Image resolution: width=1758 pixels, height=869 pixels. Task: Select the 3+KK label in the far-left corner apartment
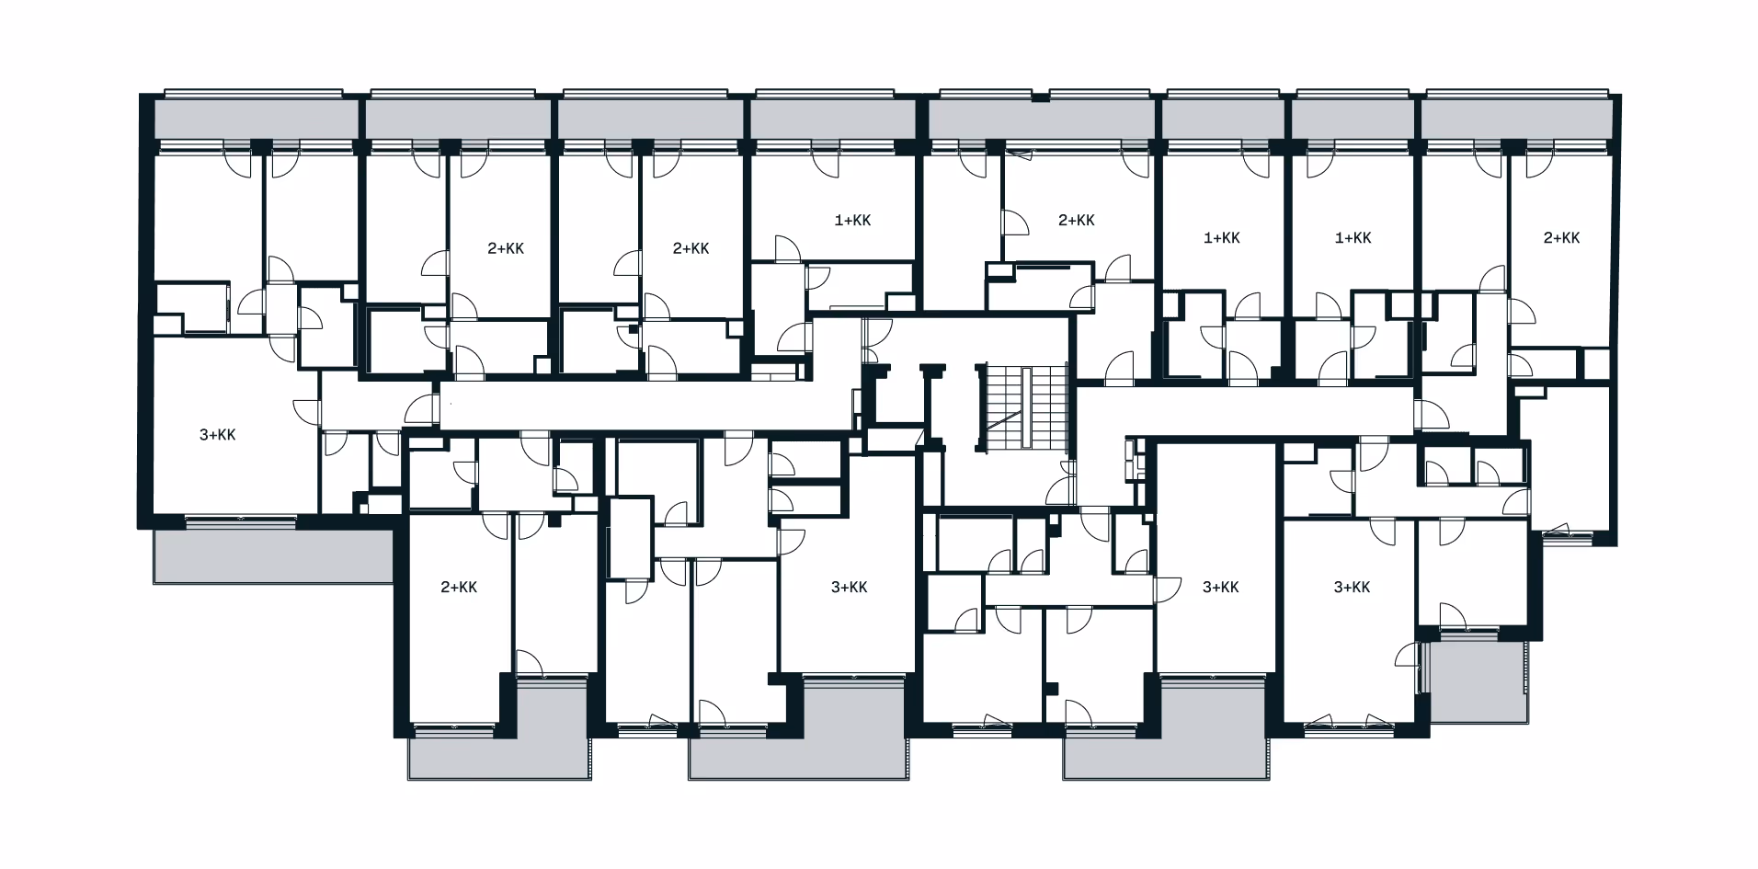pos(218,435)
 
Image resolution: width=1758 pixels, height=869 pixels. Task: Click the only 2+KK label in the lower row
pos(459,588)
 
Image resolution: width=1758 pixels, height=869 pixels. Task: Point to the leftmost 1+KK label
pos(852,220)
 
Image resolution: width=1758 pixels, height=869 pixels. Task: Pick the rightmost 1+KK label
pos(1353,238)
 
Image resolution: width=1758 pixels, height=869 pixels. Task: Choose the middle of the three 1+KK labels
pos(1222,238)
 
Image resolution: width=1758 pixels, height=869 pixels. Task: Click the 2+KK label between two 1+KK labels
pos(1077,220)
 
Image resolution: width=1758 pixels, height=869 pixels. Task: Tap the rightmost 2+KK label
pos(1561,238)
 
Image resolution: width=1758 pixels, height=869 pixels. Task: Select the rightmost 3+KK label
pos(1353,588)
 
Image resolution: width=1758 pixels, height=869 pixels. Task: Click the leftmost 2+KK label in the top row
pos(506,248)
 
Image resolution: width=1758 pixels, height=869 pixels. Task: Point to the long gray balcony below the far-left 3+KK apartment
pos(273,555)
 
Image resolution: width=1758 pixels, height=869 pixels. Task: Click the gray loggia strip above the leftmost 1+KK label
pos(833,119)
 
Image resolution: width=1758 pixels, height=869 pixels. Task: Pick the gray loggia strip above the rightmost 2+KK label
pos(1516,119)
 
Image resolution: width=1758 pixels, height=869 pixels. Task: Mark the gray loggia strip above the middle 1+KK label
pos(1223,119)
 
